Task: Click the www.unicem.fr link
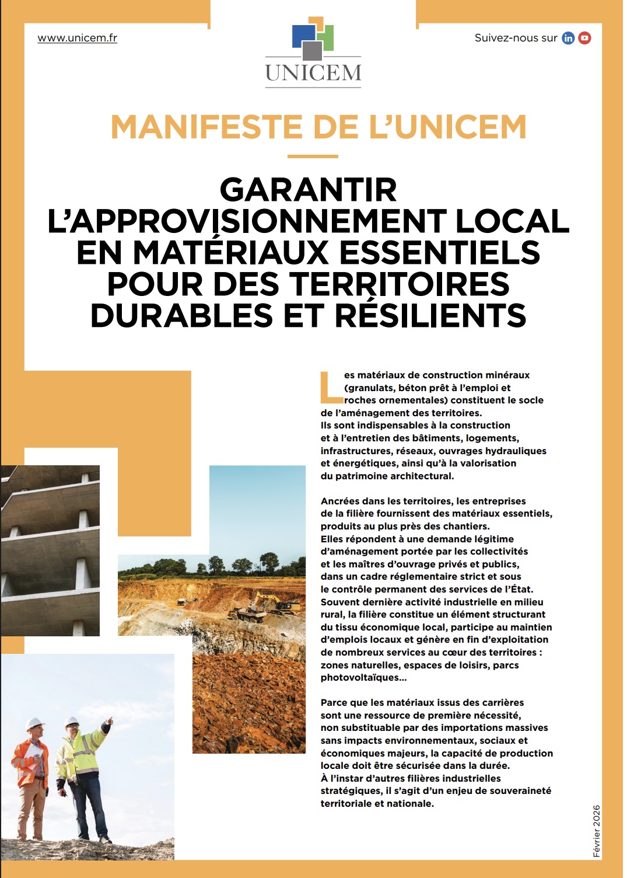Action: pos(77,38)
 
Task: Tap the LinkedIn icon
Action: pos(568,38)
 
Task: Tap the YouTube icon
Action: pos(584,38)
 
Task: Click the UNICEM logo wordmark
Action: pos(313,73)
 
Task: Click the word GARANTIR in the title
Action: pos(309,190)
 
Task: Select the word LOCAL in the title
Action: pos(512,221)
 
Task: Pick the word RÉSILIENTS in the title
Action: pos(430,315)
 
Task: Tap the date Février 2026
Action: pos(596,831)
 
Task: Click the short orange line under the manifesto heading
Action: pos(313,156)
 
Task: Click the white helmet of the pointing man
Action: pos(72,722)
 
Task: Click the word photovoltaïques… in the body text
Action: pos(363,678)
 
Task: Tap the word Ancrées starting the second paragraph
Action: pos(340,501)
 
